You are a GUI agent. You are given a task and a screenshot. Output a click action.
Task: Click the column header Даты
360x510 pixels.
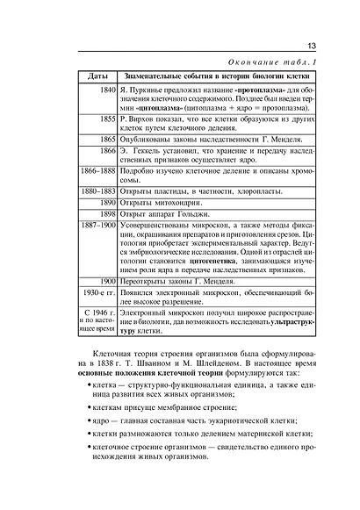click(99, 77)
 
